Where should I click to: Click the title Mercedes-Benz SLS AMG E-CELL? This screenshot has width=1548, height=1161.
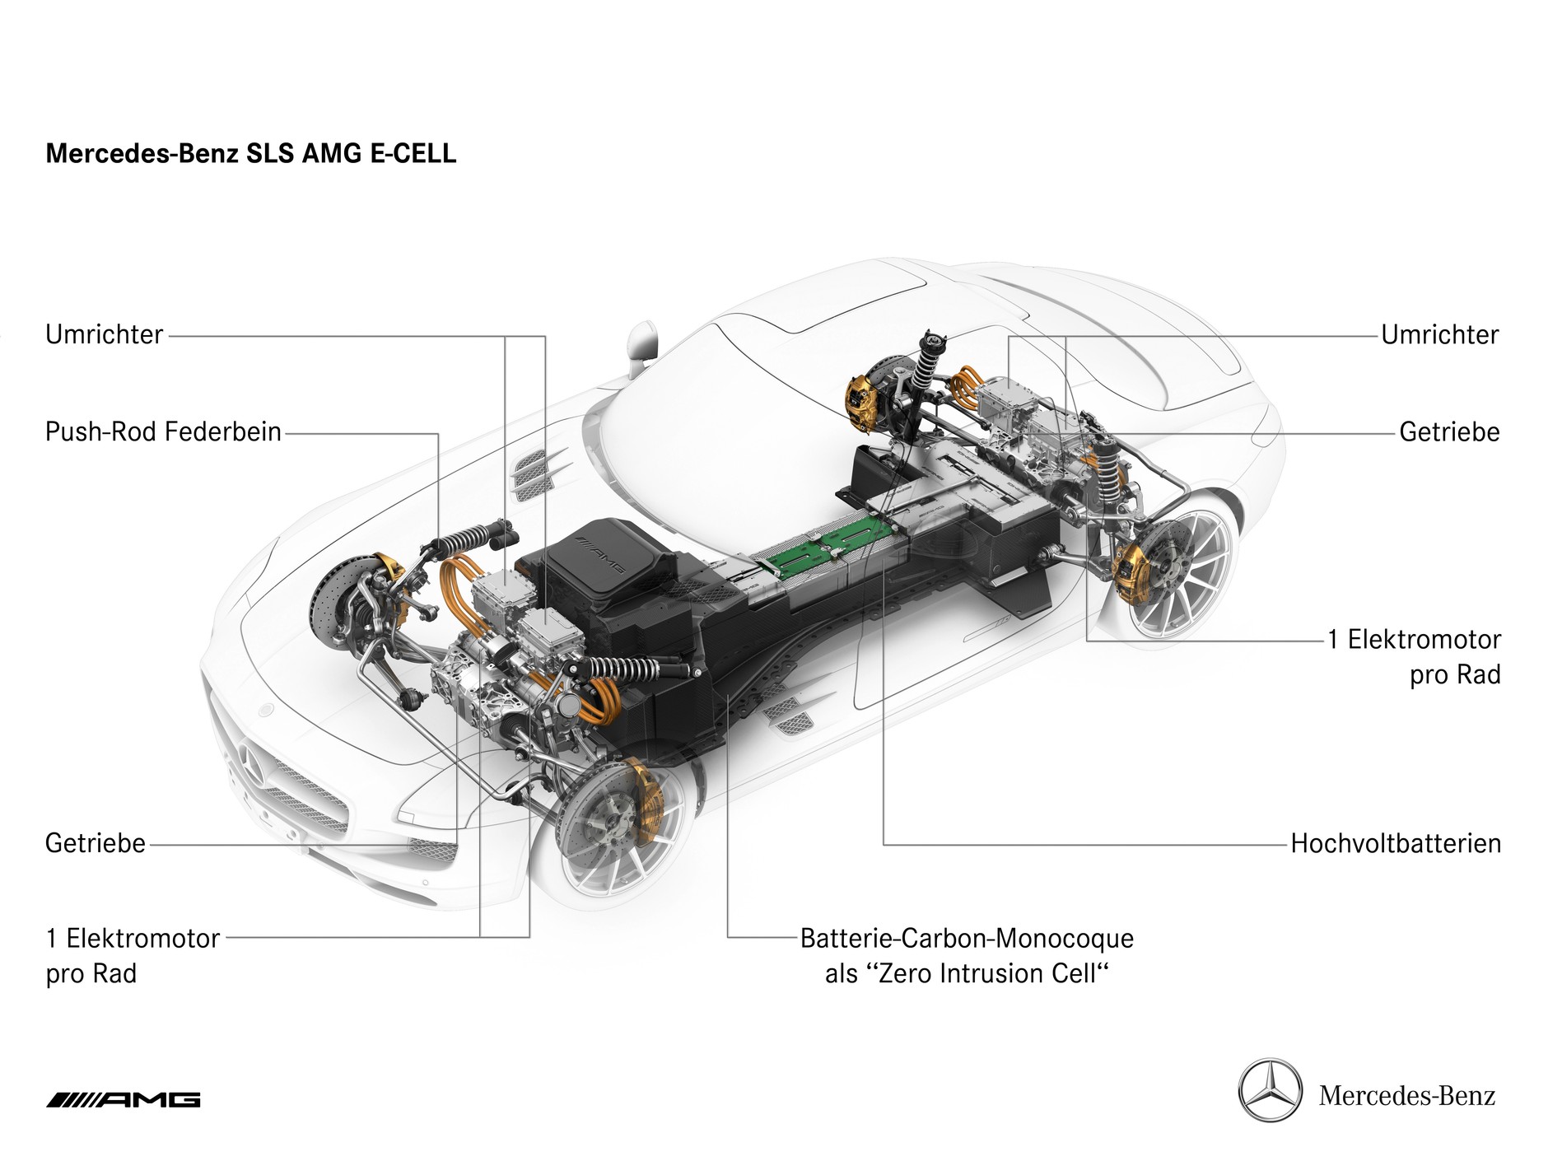pos(250,154)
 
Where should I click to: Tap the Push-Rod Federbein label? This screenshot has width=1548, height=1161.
pos(163,432)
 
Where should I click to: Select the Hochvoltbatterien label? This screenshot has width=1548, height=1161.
pos(1396,844)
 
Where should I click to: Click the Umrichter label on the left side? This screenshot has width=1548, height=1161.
pos(105,335)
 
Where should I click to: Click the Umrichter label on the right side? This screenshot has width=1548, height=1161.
pos(1440,335)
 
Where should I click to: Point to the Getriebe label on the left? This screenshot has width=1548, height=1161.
pos(96,844)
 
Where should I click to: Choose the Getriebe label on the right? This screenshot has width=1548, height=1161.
pos(1449,432)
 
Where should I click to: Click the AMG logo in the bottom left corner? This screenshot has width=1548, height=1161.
pos(124,1100)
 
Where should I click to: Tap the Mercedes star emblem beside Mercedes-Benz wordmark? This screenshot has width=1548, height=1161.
pos(1271,1091)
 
